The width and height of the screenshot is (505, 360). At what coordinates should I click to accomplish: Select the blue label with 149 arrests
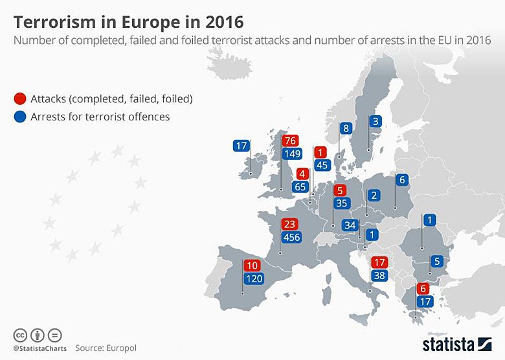tap(292, 154)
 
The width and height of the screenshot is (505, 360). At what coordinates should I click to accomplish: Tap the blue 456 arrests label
tap(291, 238)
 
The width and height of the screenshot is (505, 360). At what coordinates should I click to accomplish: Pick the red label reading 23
tap(289, 224)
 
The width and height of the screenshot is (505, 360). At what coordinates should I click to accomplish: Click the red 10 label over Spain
tap(251, 265)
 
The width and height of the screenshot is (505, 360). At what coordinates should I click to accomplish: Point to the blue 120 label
tap(253, 279)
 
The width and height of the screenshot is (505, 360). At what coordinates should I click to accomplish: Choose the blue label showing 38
tap(379, 275)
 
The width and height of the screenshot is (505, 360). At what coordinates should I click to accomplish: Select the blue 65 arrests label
tap(300, 187)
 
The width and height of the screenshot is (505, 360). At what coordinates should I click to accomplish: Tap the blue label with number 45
tap(320, 165)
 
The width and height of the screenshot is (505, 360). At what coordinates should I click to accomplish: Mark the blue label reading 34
tap(351, 225)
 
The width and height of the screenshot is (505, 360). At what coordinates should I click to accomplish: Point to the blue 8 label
tap(346, 128)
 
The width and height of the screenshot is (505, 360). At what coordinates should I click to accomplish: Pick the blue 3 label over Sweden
tap(376, 121)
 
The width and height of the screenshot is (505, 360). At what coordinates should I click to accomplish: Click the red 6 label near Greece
tap(424, 289)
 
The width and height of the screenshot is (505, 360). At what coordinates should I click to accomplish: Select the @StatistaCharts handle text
tap(38, 348)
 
